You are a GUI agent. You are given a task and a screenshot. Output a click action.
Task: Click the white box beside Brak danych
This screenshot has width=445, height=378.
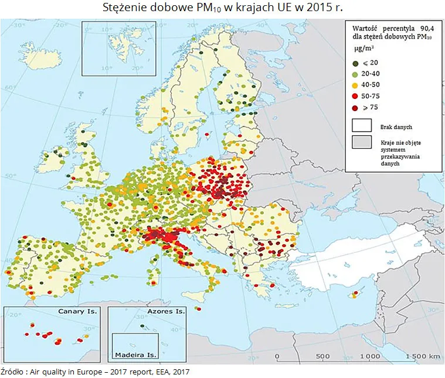[362, 125]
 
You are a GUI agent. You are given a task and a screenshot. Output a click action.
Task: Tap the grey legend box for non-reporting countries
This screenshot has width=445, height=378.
[362, 142]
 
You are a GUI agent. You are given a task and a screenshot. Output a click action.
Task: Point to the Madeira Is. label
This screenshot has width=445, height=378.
[135, 355]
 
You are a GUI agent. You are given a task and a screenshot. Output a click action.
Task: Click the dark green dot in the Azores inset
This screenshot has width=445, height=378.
[142, 327]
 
